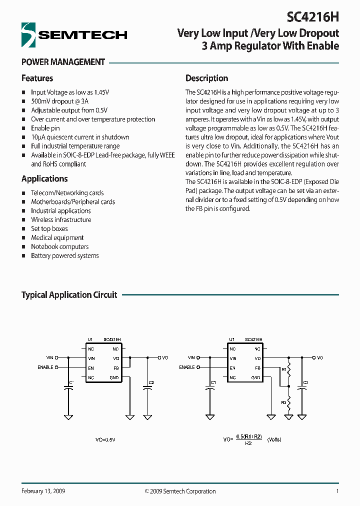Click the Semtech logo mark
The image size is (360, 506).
(x=29, y=34)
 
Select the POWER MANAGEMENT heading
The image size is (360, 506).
(x=63, y=62)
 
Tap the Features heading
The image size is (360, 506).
(x=37, y=78)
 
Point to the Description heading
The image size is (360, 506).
(x=206, y=78)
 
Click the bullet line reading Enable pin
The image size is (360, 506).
(x=45, y=128)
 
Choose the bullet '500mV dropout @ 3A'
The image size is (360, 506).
(x=56, y=101)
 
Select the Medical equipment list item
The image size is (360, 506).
(x=57, y=238)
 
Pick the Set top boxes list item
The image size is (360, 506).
(x=49, y=229)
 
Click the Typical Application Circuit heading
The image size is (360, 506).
(x=69, y=295)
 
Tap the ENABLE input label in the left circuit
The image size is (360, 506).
(x=45, y=367)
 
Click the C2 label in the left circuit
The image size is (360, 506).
(x=151, y=382)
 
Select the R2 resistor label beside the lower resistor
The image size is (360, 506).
(x=283, y=401)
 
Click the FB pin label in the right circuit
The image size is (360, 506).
(x=257, y=368)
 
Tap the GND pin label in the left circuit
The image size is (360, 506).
(x=114, y=377)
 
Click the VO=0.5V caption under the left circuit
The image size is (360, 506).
(x=105, y=439)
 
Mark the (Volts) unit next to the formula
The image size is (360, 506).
(x=274, y=439)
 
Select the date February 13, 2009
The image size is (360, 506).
(x=43, y=491)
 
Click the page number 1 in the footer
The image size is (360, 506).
(x=337, y=491)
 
